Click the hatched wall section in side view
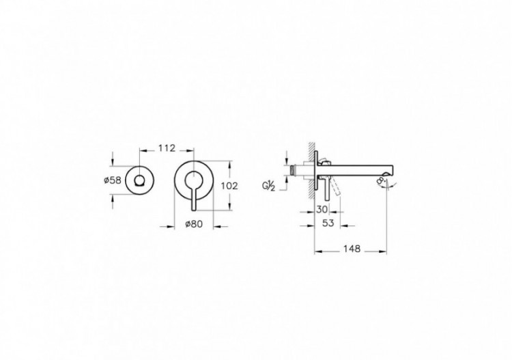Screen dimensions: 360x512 311,167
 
